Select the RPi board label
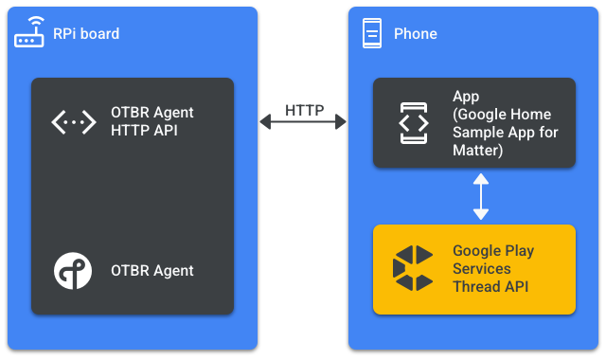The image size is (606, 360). [86, 34]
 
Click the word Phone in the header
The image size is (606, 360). [416, 34]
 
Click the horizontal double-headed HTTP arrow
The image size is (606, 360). [303, 122]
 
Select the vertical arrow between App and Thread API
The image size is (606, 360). [481, 196]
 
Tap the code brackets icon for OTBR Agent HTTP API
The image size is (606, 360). [73, 122]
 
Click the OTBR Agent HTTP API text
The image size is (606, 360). [145, 122]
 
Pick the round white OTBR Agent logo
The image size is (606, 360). [73, 271]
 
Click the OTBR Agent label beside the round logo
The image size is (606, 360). [152, 271]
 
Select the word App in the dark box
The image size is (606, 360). [466, 98]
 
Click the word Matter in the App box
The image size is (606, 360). [477, 150]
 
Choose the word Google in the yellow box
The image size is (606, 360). [476, 251]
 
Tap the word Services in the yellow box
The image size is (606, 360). [482, 269]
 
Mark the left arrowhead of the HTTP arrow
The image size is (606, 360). [265, 122]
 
